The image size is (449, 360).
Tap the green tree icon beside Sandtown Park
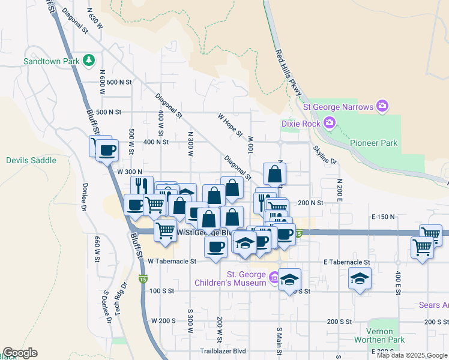(x=89, y=60)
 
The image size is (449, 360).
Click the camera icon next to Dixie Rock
(x=329, y=123)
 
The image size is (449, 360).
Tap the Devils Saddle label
(x=31, y=160)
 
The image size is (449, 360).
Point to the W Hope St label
(x=230, y=124)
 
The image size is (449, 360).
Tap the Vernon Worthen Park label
(x=379, y=336)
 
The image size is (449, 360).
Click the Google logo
(x=20, y=353)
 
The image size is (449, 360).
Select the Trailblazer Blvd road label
(x=223, y=351)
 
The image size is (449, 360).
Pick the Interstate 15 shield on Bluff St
(x=142, y=279)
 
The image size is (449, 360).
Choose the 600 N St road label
(x=115, y=82)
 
